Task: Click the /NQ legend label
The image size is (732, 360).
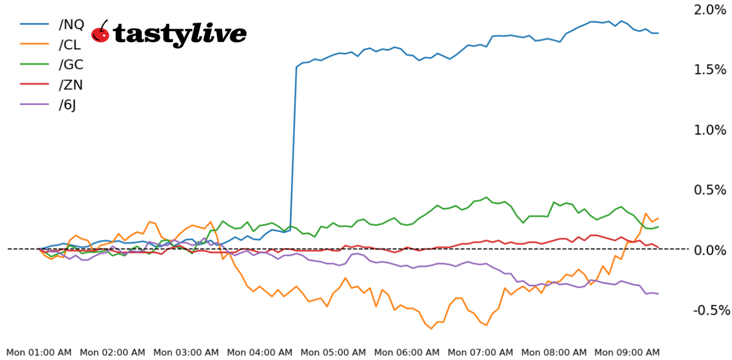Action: pyautogui.click(x=71, y=25)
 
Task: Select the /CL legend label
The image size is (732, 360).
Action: pyautogui.click(x=71, y=45)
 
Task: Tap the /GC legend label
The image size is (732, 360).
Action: pyautogui.click(x=71, y=65)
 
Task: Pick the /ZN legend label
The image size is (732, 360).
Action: pyautogui.click(x=71, y=85)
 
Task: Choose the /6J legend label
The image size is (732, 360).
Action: pyautogui.click(x=68, y=105)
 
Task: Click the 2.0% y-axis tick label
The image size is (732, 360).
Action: pyautogui.click(x=709, y=10)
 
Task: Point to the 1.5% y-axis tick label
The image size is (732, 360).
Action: pyautogui.click(x=709, y=70)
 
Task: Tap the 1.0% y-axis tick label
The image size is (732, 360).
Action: pyautogui.click(x=709, y=130)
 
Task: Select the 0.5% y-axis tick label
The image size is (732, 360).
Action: pyautogui.click(x=709, y=190)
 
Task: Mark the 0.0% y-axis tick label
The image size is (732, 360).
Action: pyautogui.click(x=709, y=250)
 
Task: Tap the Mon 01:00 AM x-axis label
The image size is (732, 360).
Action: pyautogui.click(x=38, y=352)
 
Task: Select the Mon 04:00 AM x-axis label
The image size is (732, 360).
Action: pyautogui.click(x=260, y=352)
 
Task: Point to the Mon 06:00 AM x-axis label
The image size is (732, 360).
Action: pyautogui.click(x=407, y=352)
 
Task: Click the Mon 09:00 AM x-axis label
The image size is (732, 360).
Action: pyautogui.click(x=628, y=352)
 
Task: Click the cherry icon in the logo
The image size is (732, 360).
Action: pyautogui.click(x=100, y=32)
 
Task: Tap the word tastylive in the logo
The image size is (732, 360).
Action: pyautogui.click(x=179, y=34)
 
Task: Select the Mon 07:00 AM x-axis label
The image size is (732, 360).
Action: pyautogui.click(x=481, y=352)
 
